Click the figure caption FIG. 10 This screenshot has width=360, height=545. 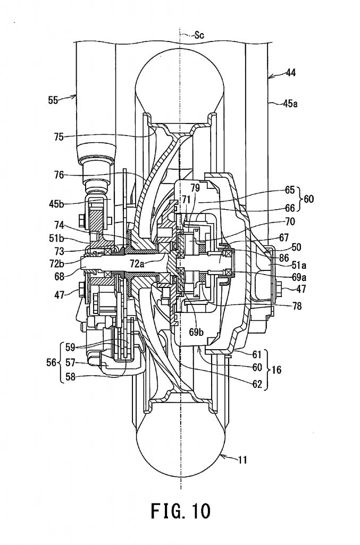pyautogui.click(x=180, y=511)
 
